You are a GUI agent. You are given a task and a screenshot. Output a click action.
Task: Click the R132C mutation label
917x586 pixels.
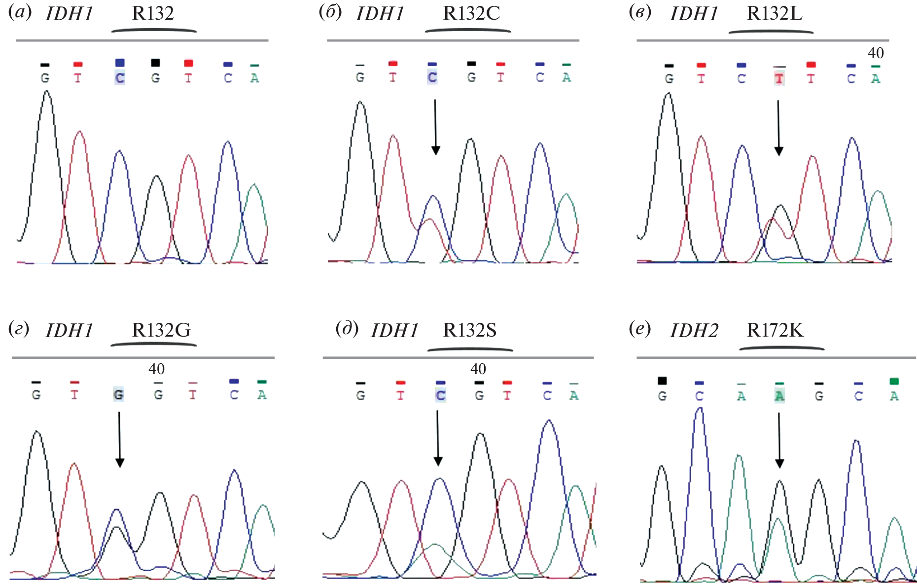(x=471, y=13)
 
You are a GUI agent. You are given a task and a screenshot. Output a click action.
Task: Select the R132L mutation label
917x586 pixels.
(x=774, y=13)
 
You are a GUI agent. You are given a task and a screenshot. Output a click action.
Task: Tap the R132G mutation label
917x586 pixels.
(x=161, y=330)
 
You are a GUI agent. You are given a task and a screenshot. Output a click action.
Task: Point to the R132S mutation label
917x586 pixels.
(x=470, y=330)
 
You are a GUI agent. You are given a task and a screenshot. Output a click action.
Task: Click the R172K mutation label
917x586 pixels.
(x=775, y=330)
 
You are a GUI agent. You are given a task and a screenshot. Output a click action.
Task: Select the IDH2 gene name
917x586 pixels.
(x=694, y=330)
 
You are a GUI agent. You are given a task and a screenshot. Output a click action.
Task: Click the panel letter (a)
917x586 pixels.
(x=20, y=12)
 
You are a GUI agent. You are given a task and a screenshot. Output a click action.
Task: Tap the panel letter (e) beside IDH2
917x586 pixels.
(x=640, y=329)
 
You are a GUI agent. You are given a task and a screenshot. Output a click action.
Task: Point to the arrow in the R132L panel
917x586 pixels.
(x=778, y=128)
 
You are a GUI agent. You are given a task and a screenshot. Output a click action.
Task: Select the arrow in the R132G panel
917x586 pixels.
(x=119, y=439)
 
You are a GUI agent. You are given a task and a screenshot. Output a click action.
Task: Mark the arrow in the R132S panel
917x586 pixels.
(x=438, y=438)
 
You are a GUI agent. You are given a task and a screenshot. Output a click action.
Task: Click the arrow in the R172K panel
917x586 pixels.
(x=779, y=440)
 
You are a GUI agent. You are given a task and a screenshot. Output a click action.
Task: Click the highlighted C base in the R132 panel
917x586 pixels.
(x=120, y=78)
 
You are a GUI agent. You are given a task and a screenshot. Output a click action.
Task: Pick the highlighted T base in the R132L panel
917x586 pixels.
(x=779, y=78)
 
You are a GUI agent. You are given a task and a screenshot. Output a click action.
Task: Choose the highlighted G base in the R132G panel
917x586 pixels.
(x=118, y=394)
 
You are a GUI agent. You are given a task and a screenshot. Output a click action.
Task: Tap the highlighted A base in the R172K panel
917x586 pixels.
(x=779, y=396)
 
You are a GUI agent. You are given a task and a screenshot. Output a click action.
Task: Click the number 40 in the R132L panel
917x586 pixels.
(x=876, y=53)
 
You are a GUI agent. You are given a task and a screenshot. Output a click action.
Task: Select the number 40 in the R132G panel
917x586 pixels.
(x=157, y=369)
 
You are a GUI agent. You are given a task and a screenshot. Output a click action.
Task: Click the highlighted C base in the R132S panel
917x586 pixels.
(x=440, y=395)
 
